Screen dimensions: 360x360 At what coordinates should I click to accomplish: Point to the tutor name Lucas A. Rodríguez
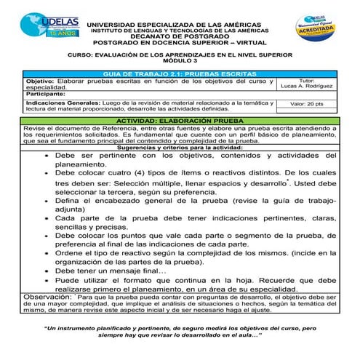(x=306, y=87)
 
